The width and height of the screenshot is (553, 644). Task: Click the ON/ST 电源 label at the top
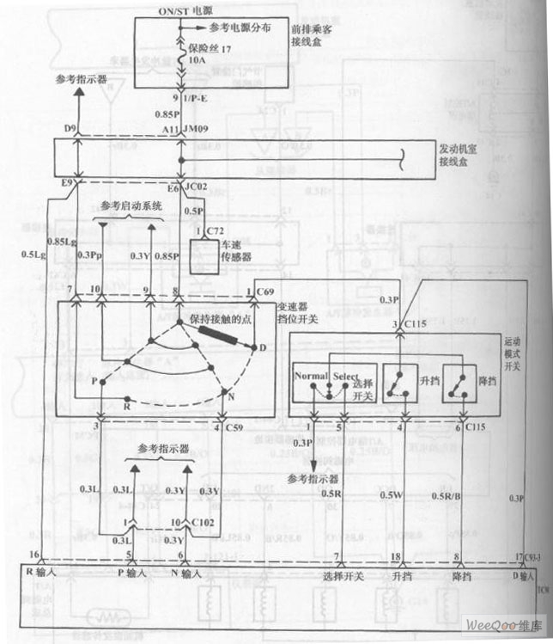[177, 8]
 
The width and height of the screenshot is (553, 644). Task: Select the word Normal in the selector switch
[311, 377]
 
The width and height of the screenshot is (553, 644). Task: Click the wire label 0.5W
[392, 494]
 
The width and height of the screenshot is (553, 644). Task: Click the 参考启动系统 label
[131, 205]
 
